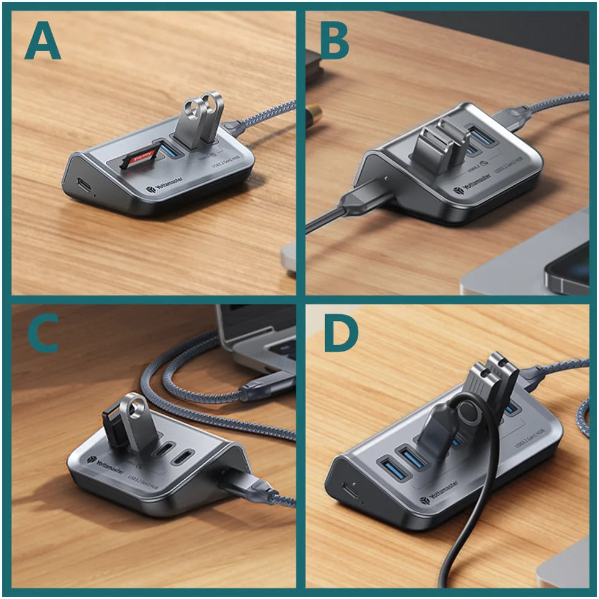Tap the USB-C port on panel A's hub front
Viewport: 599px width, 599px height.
81,183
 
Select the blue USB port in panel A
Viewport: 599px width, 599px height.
171,148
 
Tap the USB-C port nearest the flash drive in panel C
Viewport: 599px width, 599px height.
161,450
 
